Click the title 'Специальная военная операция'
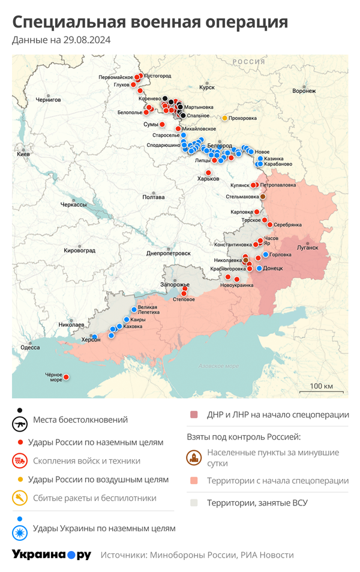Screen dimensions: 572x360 coord(150,22)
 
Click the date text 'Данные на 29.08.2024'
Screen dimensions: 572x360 coord(61,40)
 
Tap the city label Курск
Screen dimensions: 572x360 coord(206,88)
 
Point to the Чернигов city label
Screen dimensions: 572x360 coord(48,100)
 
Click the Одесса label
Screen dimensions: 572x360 coord(30,347)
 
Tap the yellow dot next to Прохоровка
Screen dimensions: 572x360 coord(225,118)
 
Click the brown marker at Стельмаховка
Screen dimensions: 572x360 coord(262,197)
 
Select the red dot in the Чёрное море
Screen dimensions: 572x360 coord(66,377)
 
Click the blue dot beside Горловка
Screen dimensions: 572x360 coord(266,254)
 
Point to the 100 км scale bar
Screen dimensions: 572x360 coord(322,390)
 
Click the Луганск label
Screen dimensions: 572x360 coord(308,247)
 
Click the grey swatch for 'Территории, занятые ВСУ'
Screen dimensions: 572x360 coord(194,502)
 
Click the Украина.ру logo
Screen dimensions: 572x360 coord(52,555)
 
